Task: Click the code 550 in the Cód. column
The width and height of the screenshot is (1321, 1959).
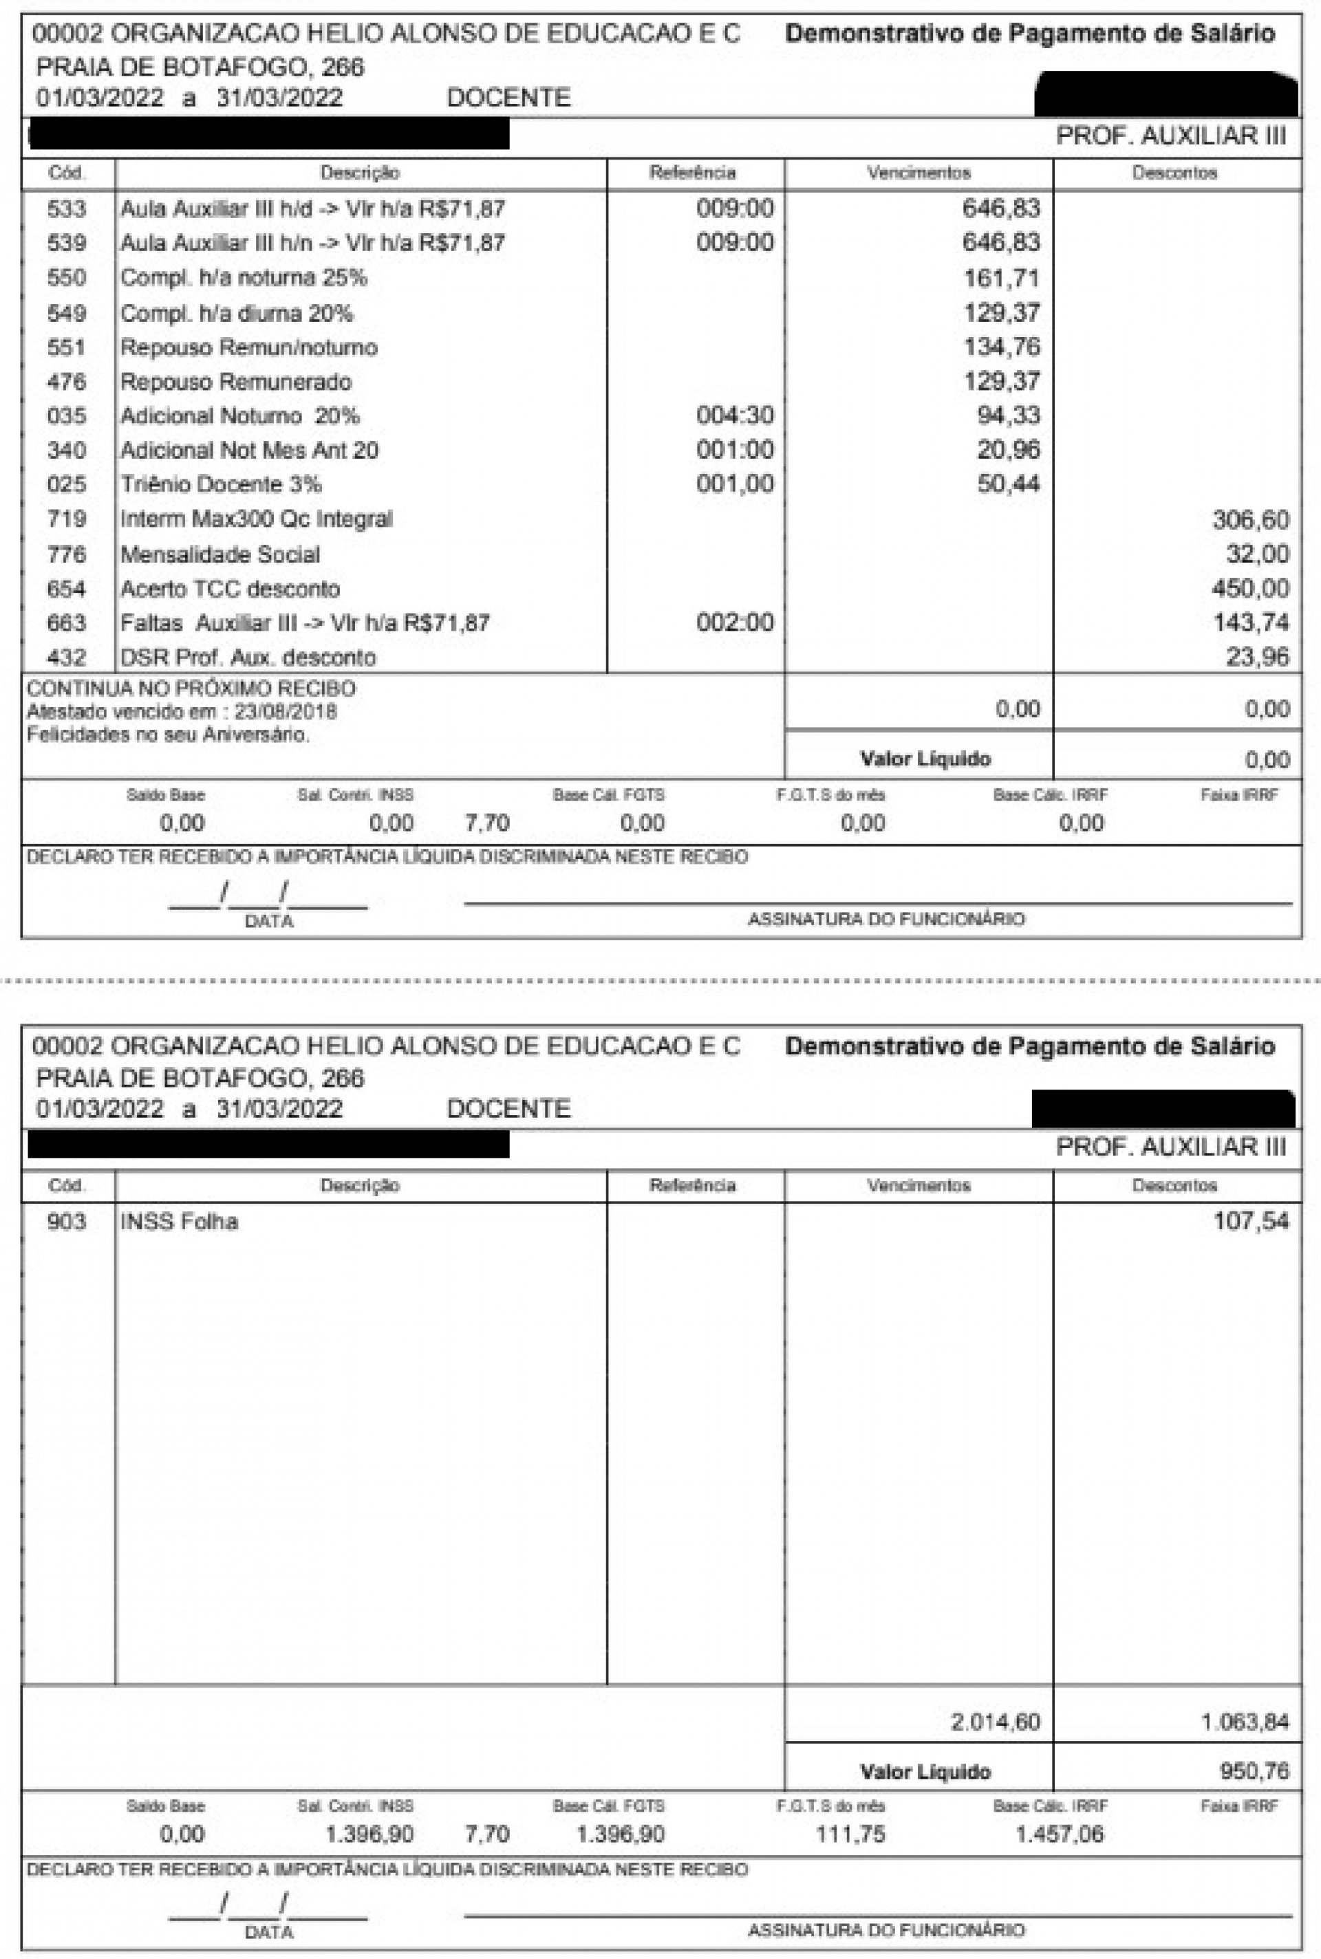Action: [66, 278]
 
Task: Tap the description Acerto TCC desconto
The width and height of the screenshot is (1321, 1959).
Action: [229, 589]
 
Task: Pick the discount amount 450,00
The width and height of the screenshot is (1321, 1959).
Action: [1250, 589]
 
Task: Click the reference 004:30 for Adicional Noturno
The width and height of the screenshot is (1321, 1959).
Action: [734, 415]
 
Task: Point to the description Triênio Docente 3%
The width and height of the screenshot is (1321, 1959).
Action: [221, 484]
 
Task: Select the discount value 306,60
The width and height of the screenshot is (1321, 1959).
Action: [1250, 519]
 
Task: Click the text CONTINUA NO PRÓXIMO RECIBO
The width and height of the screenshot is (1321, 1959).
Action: [191, 688]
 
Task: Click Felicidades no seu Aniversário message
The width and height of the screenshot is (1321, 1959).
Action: [168, 735]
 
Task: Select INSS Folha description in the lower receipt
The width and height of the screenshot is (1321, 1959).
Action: [179, 1221]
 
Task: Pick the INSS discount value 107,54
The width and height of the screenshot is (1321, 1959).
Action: [1250, 1221]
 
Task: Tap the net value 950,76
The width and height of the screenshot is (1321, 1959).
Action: [1254, 1771]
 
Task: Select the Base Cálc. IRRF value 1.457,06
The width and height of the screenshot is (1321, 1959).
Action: [1058, 1834]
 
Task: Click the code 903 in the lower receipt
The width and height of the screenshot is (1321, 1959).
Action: [66, 1221]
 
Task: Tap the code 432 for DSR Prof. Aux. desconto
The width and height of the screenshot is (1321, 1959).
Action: [66, 658]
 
